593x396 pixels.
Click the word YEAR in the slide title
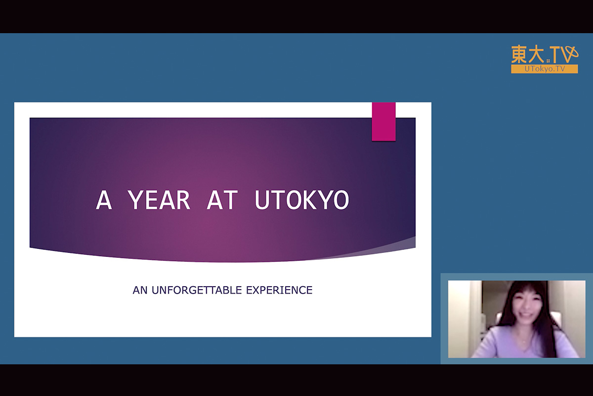click(x=159, y=199)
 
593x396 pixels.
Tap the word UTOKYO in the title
click(x=302, y=199)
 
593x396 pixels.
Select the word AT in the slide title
click(x=222, y=199)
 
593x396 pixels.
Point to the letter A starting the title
click(x=104, y=199)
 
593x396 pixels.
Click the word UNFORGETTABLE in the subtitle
click(x=197, y=290)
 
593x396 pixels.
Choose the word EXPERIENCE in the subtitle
click(x=279, y=290)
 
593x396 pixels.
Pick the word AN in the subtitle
click(x=140, y=290)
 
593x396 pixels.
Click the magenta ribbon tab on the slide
click(x=383, y=122)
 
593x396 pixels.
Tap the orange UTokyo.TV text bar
click(x=545, y=69)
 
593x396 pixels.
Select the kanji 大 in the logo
click(x=536, y=54)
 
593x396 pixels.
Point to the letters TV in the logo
click(x=563, y=54)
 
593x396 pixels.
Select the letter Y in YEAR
click(x=135, y=199)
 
